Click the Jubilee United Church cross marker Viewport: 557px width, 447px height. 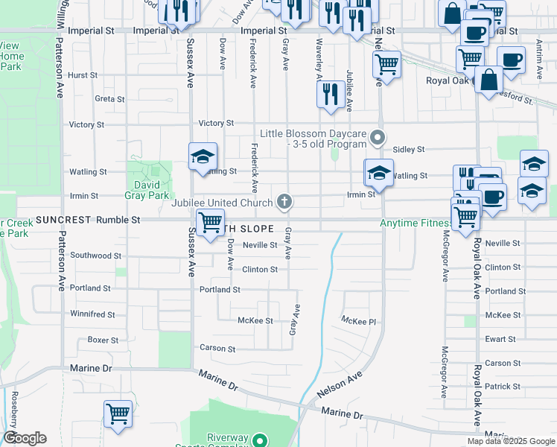pos(284,200)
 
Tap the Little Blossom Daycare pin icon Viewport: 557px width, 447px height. pos(379,137)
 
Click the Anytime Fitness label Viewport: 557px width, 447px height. pos(416,223)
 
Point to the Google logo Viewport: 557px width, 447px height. pos(25,438)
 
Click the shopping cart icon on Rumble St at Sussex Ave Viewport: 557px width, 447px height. pos(210,223)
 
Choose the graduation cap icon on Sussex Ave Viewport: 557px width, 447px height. pos(203,157)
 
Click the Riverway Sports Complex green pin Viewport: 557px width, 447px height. pos(258,440)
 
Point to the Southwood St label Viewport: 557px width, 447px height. pos(96,256)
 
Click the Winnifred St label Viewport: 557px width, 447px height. pos(92,314)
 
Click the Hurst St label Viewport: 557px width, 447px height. pos(83,75)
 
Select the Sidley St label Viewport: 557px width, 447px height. pos(408,149)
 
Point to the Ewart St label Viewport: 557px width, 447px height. pos(500,339)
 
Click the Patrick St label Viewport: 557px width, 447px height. pos(502,386)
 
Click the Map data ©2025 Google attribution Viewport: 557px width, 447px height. pos(510,441)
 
